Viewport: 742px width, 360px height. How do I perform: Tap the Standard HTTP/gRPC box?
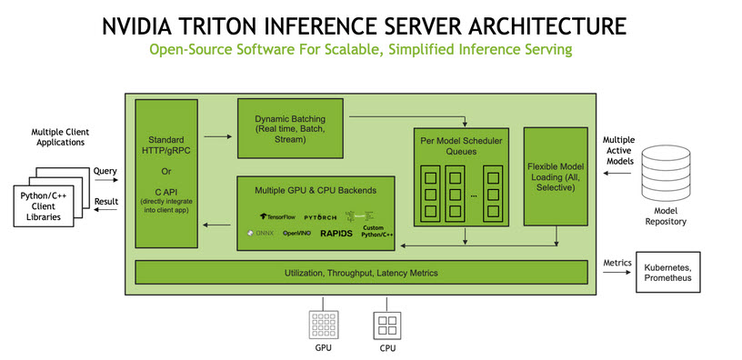(165, 173)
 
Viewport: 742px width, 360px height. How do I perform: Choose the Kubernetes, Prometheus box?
(667, 272)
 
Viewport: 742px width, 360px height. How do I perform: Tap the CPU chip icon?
(386, 325)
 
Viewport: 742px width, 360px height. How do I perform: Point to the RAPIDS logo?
(336, 234)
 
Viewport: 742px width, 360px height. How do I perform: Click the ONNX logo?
(261, 234)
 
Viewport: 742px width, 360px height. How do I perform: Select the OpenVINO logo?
(296, 234)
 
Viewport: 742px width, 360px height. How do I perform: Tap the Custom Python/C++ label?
(376, 233)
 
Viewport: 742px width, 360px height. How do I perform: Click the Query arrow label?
(105, 170)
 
